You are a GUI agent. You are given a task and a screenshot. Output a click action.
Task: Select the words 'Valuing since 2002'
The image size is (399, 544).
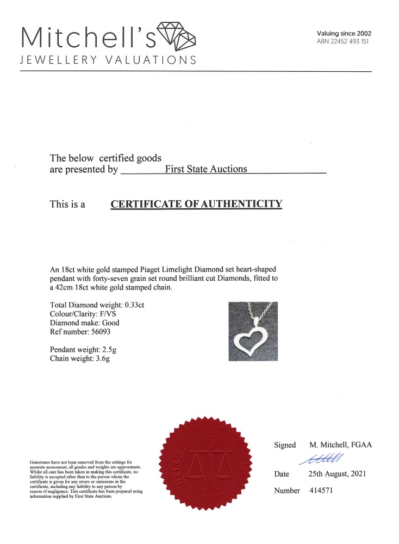pos(344,34)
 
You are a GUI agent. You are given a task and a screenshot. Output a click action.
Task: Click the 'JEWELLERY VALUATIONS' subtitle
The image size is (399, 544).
pos(108,60)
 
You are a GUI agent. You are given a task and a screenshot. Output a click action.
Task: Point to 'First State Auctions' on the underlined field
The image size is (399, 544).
pos(206,169)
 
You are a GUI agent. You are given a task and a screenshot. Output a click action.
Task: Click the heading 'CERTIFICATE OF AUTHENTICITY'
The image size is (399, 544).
pos(197,205)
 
